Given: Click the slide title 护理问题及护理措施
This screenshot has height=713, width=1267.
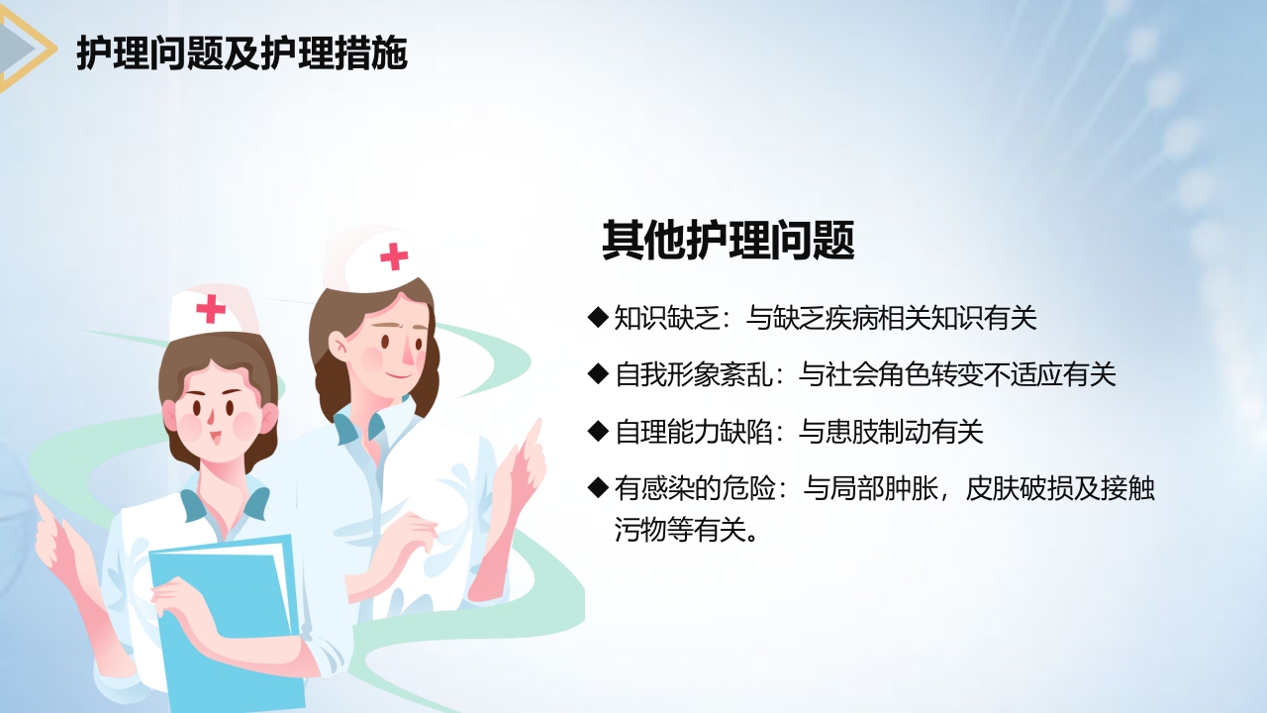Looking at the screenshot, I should tap(242, 54).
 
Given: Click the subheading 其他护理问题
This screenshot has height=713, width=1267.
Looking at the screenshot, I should tap(728, 241).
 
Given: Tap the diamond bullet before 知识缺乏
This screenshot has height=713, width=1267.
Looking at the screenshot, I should tap(597, 317).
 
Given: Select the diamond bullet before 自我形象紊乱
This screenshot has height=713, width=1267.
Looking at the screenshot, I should tap(597, 373).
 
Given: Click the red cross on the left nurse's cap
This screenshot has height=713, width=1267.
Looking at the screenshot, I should tap(211, 309).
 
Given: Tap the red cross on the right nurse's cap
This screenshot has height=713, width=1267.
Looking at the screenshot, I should tap(394, 256).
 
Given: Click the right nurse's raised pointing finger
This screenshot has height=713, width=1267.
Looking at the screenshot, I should tap(534, 436).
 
